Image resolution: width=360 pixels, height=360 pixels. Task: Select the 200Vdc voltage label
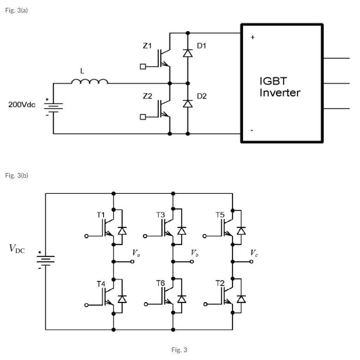pos(22,105)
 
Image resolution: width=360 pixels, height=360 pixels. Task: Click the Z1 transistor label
pos(147,46)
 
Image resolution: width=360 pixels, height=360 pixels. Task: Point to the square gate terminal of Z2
pos(143,117)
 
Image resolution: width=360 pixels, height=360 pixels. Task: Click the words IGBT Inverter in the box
pos(279,87)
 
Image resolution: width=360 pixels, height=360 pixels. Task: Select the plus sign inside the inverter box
pos(252,37)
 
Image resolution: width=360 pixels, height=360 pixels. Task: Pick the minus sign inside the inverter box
pos(252,130)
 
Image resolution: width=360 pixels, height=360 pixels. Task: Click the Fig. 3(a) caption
pos(16,10)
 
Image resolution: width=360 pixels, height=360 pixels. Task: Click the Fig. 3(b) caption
pos(17,175)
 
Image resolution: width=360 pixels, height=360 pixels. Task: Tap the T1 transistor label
pos(101,215)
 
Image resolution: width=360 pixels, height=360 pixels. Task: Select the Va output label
pos(135,253)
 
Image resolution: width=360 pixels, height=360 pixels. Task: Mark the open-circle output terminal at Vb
pos(192,262)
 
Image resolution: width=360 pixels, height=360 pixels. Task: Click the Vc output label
pos(254,253)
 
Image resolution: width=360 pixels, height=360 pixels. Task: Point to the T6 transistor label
pos(160,283)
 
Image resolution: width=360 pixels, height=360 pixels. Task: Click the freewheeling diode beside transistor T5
pos(241,230)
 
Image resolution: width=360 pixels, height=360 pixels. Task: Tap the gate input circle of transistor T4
pos(86,304)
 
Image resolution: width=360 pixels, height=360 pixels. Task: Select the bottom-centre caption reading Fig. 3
pos(179,350)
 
